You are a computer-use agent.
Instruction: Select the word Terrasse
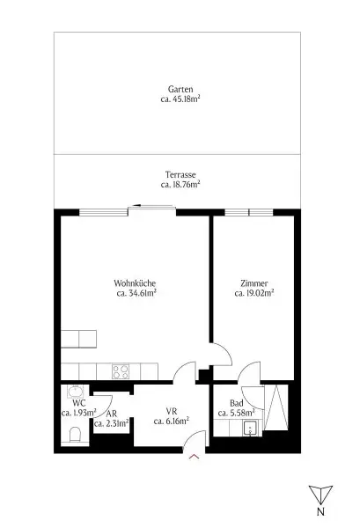tap(180, 174)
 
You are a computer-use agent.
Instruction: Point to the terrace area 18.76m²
tap(180, 185)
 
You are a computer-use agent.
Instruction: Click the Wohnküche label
tap(136, 282)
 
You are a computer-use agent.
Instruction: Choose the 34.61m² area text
tap(136, 294)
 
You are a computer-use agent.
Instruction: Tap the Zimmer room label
tap(253, 282)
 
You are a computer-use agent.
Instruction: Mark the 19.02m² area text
tap(253, 294)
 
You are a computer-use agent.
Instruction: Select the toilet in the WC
tap(74, 433)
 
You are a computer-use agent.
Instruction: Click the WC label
tap(77, 401)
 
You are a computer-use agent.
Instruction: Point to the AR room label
tap(112, 412)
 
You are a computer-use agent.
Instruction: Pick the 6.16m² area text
tap(172, 422)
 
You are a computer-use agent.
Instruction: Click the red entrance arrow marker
tap(195, 457)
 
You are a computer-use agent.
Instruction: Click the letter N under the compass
tap(320, 511)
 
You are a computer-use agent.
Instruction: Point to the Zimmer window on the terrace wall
tap(249, 211)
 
